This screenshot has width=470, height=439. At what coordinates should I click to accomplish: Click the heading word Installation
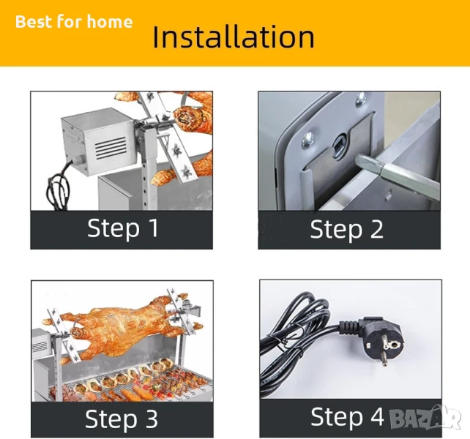coord(234,37)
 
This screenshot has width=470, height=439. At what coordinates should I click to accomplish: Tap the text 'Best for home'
coord(74,21)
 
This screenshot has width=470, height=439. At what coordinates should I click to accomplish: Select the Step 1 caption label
coord(123,228)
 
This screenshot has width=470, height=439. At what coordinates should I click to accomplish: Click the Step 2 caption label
coord(346,230)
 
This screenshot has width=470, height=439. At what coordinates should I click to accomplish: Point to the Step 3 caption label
coord(122,419)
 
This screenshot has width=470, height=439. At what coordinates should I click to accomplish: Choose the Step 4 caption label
coord(347,416)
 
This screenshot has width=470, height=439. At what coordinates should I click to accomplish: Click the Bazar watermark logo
coord(425,416)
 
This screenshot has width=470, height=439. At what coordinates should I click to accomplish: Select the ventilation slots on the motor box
coord(110,149)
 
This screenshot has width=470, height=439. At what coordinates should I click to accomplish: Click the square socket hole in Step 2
coord(340,145)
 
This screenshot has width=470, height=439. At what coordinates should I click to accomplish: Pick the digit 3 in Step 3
coord(152,419)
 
